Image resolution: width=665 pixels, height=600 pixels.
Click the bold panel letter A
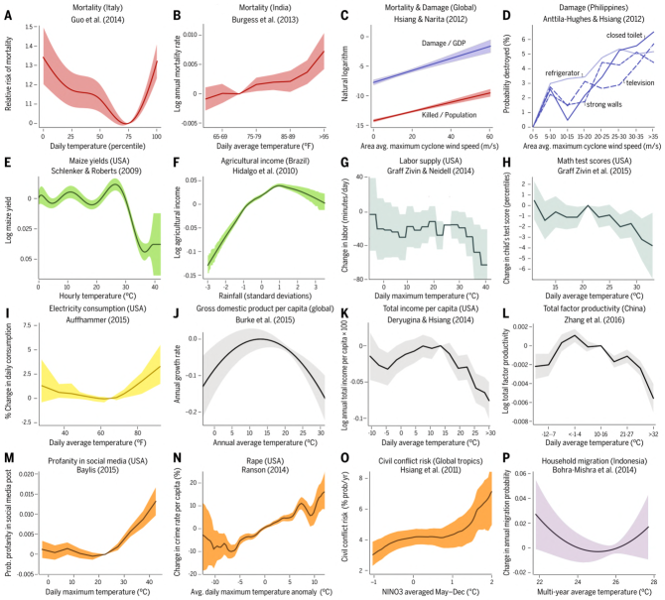(9, 13)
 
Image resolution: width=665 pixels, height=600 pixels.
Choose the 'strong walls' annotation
(603, 104)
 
